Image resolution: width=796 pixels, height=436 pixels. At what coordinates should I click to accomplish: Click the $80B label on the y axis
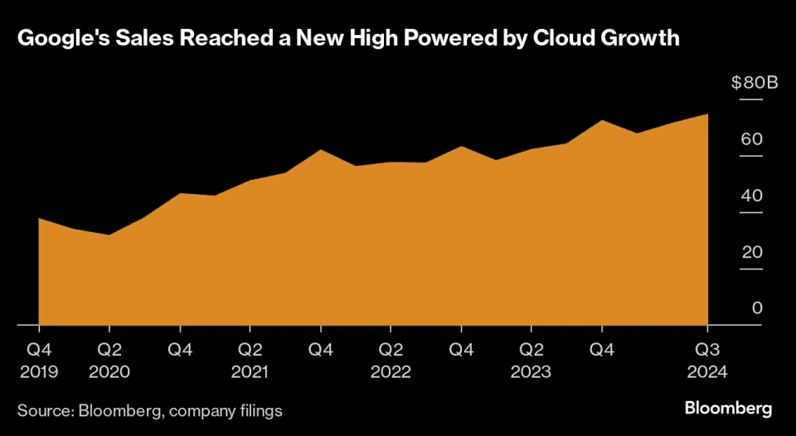(x=754, y=83)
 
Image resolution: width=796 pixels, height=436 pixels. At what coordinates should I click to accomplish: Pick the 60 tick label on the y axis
(x=751, y=139)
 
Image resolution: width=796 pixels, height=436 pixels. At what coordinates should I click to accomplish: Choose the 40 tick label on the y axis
(x=751, y=196)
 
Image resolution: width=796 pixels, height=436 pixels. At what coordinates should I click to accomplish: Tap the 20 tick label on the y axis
(x=751, y=252)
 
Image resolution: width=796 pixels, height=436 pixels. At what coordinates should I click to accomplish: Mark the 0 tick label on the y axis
(x=756, y=308)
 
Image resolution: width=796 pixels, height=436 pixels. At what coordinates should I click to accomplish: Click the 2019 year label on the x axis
(x=39, y=372)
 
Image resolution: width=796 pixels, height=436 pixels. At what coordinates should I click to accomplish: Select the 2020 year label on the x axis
(x=109, y=372)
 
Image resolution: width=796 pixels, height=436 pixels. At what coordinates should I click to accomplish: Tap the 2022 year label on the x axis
(x=391, y=372)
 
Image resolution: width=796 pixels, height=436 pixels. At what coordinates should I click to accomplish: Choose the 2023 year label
(x=531, y=372)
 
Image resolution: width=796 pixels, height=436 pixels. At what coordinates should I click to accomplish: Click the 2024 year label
(x=707, y=372)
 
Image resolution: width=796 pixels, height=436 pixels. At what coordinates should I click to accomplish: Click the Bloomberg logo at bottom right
(x=728, y=409)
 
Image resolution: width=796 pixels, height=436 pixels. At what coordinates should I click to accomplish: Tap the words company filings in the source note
(x=234, y=409)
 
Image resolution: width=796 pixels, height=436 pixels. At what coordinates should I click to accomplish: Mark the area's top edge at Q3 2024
(x=707, y=114)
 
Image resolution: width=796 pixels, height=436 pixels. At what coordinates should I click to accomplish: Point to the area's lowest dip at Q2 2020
(x=109, y=235)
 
